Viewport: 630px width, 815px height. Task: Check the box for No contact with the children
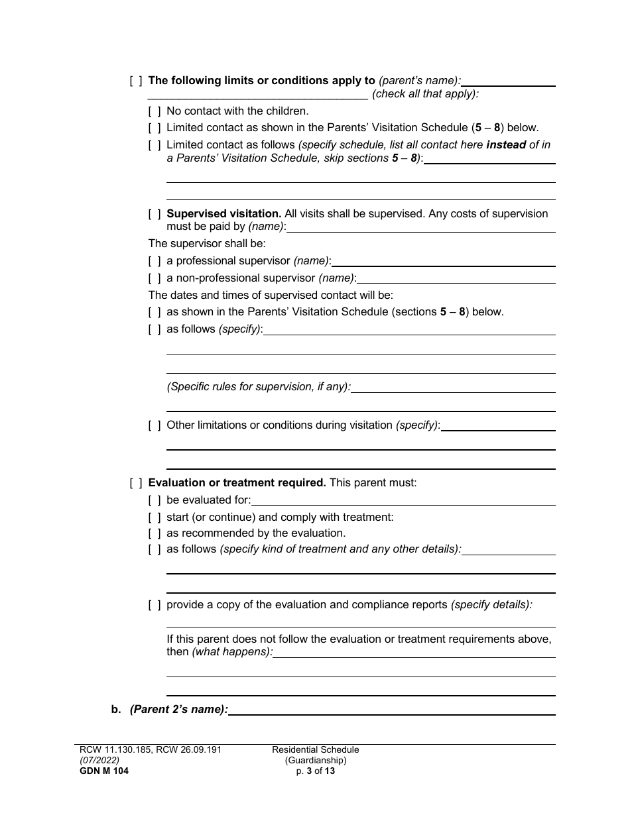tap(154, 111)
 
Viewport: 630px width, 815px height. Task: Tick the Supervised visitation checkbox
tap(154, 214)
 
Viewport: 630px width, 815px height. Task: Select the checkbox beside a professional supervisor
tap(154, 261)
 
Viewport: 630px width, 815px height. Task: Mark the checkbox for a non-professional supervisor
tap(154, 278)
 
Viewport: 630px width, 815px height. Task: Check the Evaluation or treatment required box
tap(135, 483)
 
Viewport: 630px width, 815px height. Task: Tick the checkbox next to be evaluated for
tap(154, 500)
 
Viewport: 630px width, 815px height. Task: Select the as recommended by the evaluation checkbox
tap(154, 533)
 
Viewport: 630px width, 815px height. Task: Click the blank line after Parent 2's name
tap(391, 710)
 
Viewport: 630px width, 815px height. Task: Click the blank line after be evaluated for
tap(403, 501)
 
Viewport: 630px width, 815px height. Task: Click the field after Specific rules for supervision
tap(453, 388)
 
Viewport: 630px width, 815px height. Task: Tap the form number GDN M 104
tap(101, 771)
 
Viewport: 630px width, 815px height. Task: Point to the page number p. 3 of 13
tap(316, 771)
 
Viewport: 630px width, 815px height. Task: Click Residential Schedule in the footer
tap(316, 750)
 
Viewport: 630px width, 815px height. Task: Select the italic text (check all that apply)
tap(425, 94)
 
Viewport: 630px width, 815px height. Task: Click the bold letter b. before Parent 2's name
tap(116, 710)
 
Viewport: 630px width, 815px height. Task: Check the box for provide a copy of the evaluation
tap(154, 605)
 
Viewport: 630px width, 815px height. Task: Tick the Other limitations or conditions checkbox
tap(154, 425)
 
